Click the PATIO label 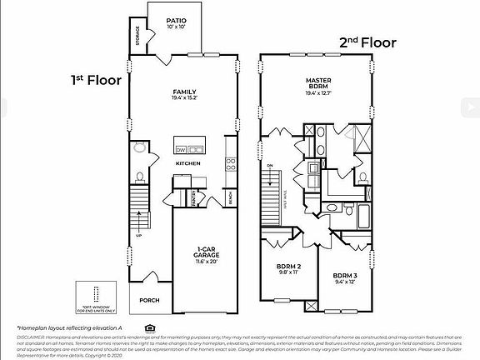click(x=176, y=20)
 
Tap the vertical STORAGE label click(x=137, y=37)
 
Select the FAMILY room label click(x=184, y=92)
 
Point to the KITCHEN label click(x=187, y=163)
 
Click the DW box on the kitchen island click(x=181, y=150)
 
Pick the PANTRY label click(x=192, y=197)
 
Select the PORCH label click(x=149, y=301)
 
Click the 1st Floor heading click(x=96, y=81)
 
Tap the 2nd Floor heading click(x=367, y=42)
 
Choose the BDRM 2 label click(x=288, y=268)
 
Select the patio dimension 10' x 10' click(x=176, y=27)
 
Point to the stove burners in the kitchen click(x=230, y=164)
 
